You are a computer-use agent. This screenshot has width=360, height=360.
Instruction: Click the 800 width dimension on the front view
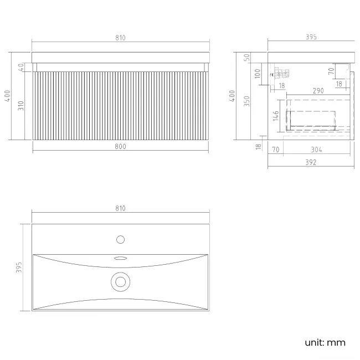coord(120,146)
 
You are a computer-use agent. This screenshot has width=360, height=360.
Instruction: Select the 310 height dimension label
coord(20,106)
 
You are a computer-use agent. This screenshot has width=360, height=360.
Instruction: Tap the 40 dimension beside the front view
coord(21,67)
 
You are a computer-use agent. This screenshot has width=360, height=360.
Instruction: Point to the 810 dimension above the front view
coord(120,38)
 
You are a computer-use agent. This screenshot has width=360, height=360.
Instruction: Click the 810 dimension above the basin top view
coord(120,208)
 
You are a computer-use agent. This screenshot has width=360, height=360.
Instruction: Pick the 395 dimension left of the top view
coord(19,268)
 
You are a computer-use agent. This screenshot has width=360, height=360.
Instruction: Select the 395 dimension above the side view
coord(311,37)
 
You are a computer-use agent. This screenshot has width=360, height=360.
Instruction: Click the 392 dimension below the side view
coord(311,162)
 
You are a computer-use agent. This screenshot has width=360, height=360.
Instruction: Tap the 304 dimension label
coord(316,150)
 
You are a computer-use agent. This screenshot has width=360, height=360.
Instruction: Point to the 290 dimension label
coord(318,91)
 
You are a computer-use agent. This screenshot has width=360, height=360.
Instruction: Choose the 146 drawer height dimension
coord(276,116)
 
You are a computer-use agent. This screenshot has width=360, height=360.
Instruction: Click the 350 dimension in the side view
coord(246,101)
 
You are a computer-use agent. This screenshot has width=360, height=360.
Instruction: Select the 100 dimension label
coord(258,74)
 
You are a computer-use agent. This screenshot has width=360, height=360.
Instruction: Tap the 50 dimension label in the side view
coord(246,58)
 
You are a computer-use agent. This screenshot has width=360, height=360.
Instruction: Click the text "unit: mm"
coord(325,342)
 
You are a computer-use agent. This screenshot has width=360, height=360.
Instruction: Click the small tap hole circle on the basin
coord(121,239)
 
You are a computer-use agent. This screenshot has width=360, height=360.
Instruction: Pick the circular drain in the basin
coord(121,282)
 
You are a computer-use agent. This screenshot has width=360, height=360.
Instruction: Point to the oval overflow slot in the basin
coord(121,258)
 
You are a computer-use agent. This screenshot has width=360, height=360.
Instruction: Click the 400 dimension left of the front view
coord(7,96)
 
